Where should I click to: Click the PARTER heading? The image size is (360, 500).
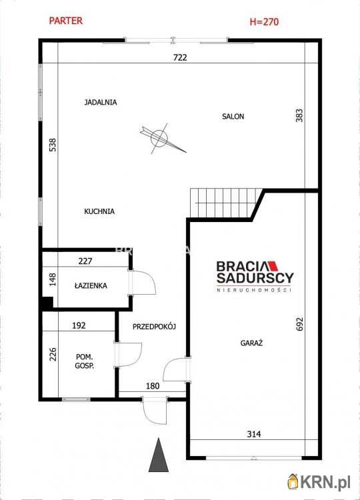[x=66, y=21]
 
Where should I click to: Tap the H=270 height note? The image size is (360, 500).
[x=264, y=22]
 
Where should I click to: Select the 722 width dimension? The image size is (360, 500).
[x=180, y=57]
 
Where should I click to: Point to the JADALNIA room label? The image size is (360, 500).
[x=101, y=103]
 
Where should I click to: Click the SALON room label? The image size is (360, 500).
[x=233, y=117]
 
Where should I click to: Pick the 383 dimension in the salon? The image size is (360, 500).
[x=299, y=115]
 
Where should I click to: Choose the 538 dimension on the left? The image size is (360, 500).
[x=53, y=145]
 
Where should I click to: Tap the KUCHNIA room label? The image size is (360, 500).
[x=99, y=211]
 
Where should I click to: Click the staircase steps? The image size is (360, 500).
[x=223, y=203]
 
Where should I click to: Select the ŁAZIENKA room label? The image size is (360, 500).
[x=91, y=286]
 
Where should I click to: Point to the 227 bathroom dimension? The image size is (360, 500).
[x=85, y=261]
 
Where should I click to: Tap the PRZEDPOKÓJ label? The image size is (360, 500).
[x=154, y=327]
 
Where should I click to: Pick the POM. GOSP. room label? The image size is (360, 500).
[x=85, y=361]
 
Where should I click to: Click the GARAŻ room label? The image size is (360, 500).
[x=251, y=343]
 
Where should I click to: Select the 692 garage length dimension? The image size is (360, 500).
[x=299, y=324]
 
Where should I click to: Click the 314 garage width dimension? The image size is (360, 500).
[x=254, y=434]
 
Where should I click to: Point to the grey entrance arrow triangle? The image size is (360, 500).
[x=159, y=455]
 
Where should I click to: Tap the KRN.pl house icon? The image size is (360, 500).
[x=293, y=481]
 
